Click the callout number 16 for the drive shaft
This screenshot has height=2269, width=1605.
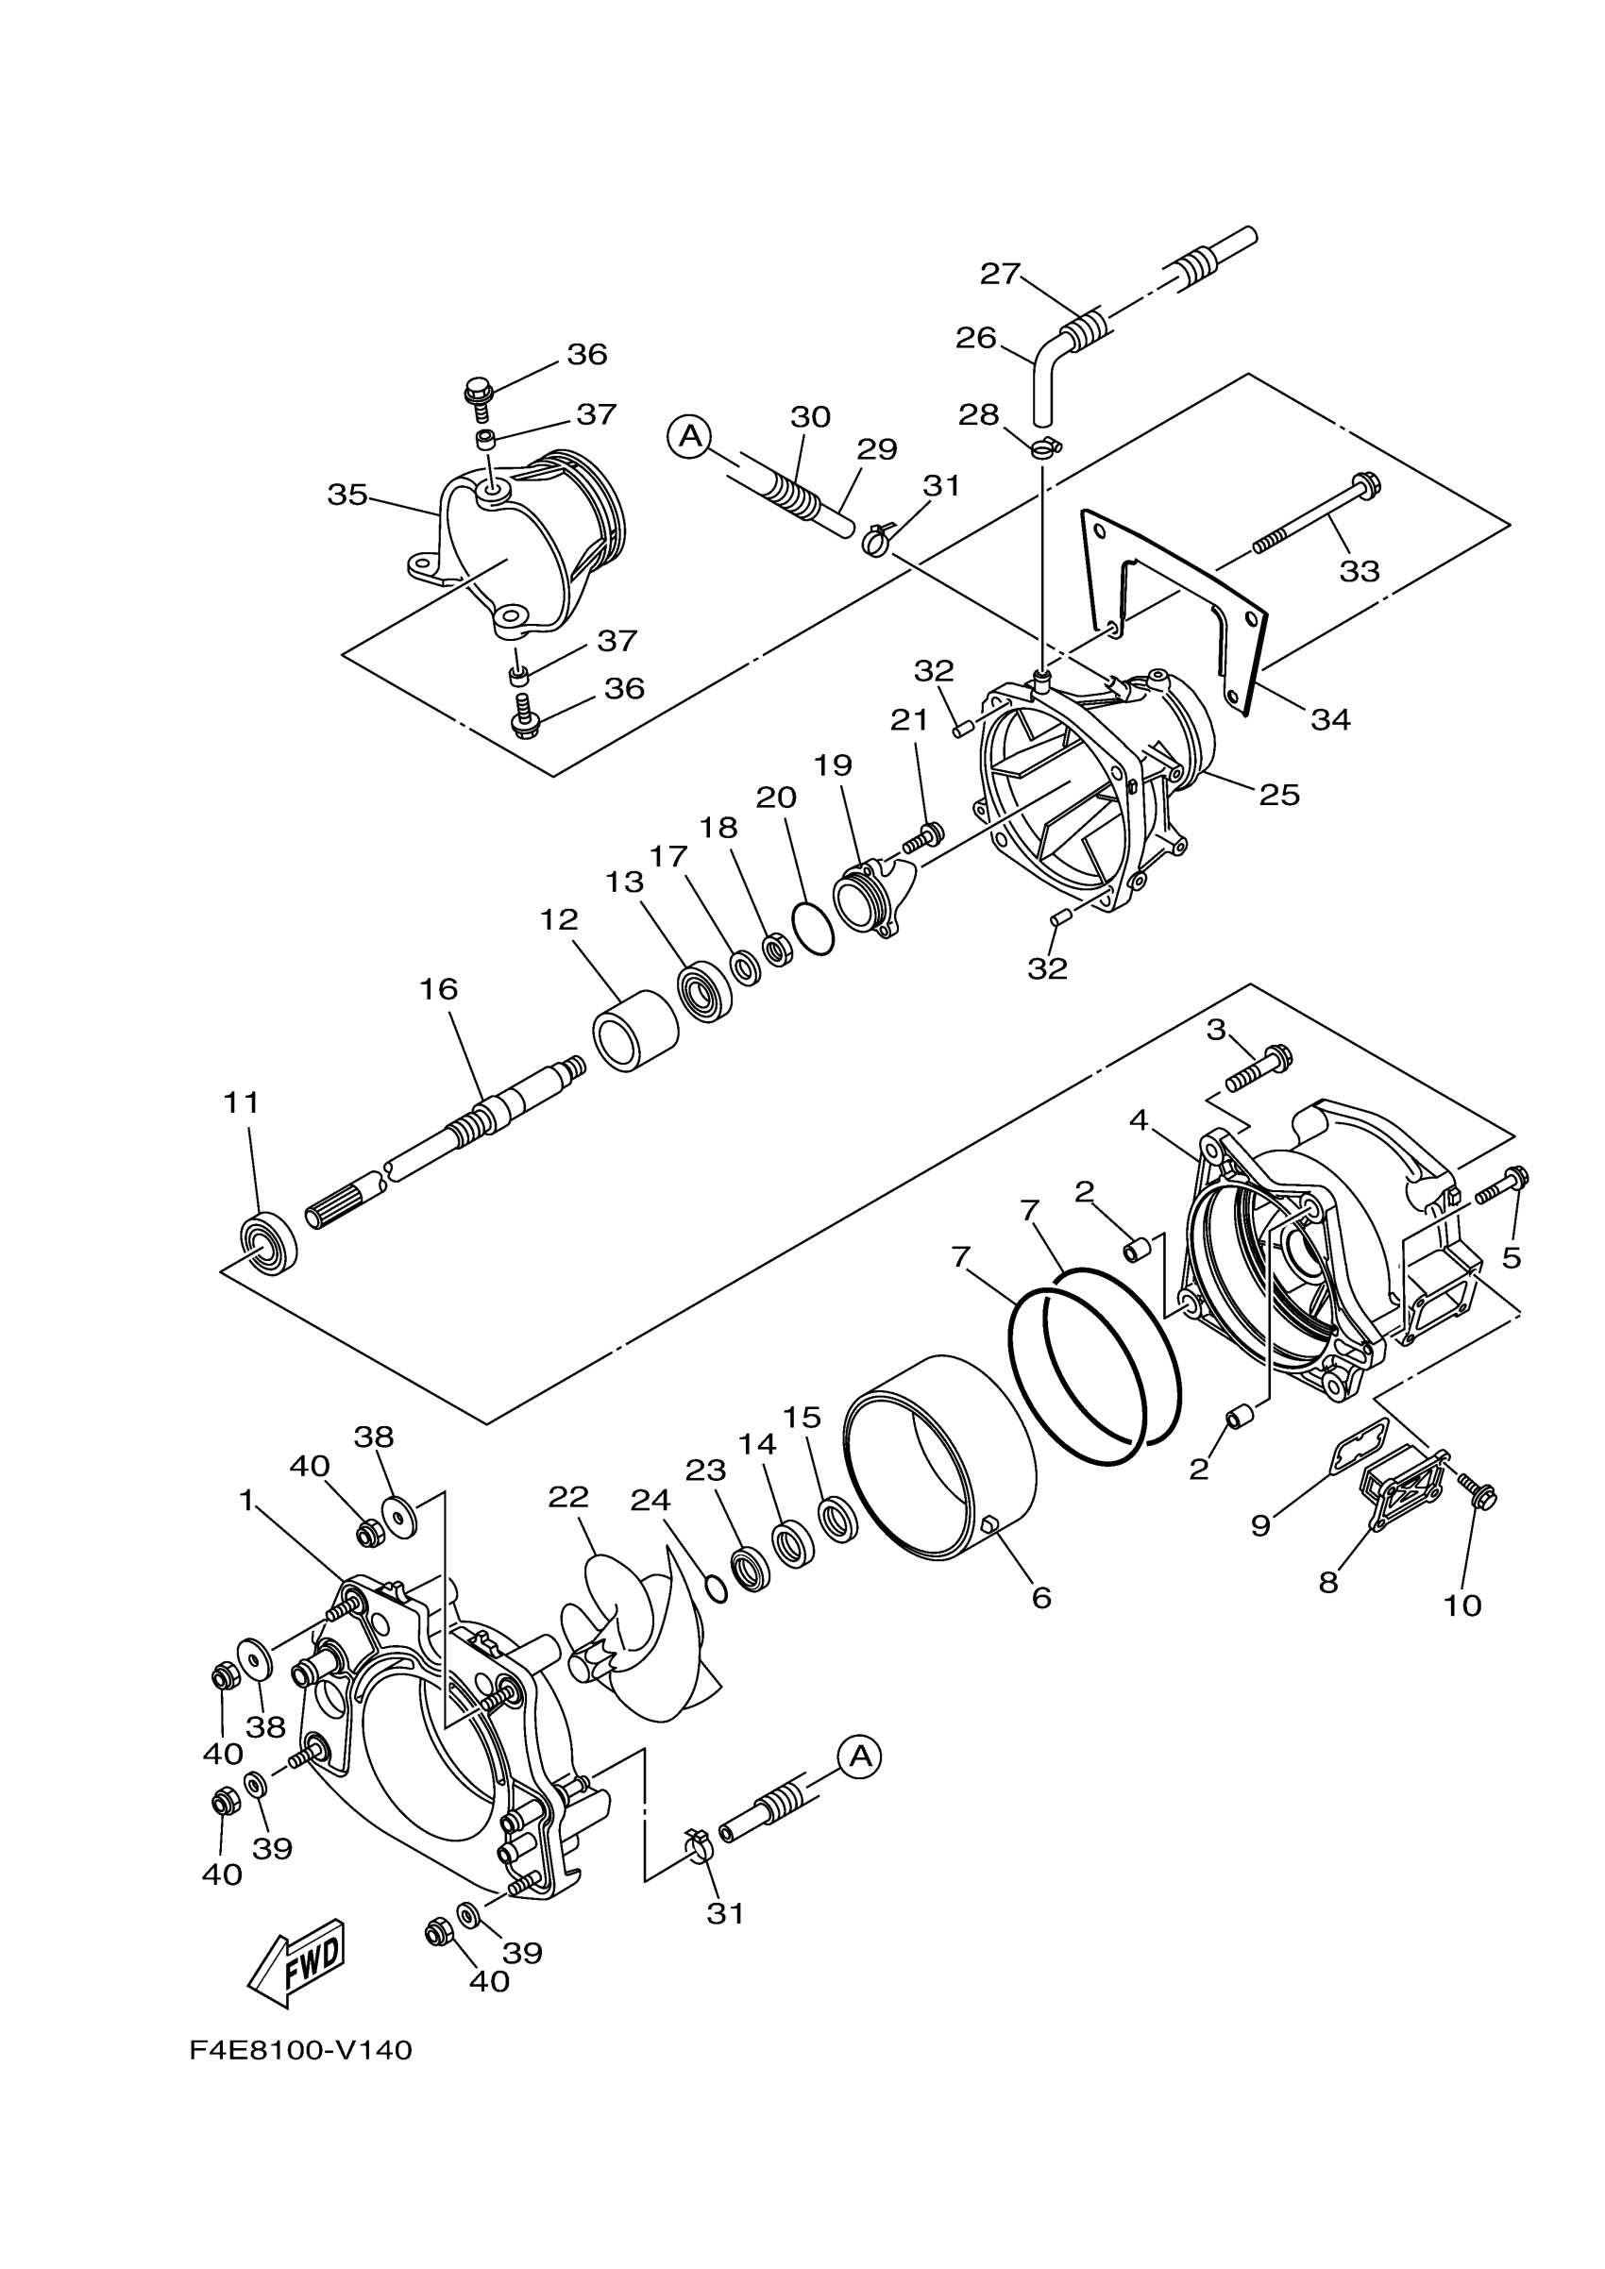point(439,988)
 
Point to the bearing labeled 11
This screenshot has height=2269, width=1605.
point(269,1246)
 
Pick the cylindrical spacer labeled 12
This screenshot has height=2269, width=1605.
point(635,1031)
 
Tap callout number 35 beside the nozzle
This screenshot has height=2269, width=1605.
point(347,495)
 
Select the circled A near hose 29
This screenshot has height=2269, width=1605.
point(690,436)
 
